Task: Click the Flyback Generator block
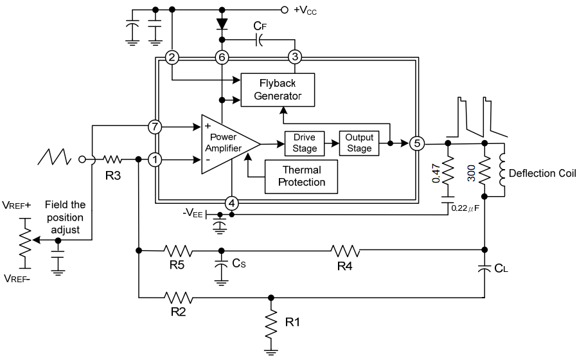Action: (x=278, y=89)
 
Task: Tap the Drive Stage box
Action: (x=305, y=143)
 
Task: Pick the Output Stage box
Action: (x=359, y=143)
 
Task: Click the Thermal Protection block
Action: (x=301, y=176)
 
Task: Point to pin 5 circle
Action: (x=416, y=143)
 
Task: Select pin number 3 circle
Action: (x=295, y=57)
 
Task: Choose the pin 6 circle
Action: (x=222, y=57)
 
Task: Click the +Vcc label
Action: (x=305, y=10)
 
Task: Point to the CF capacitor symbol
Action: (x=258, y=40)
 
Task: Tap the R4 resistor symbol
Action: (x=345, y=251)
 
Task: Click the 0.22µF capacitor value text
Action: (x=467, y=208)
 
